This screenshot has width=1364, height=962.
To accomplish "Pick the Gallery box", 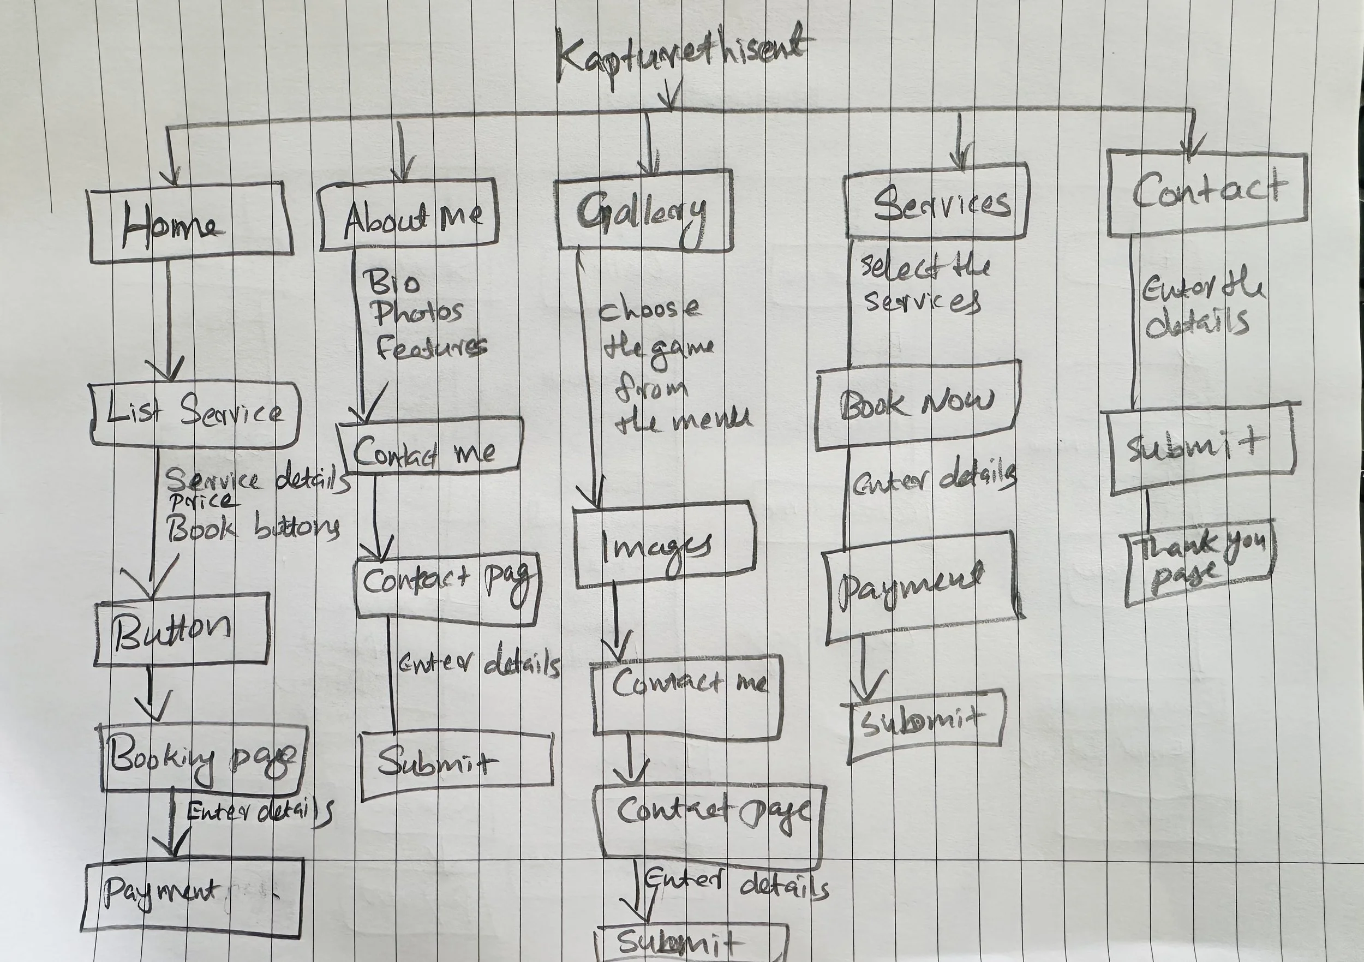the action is [x=644, y=210].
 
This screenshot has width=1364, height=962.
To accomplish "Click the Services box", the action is [x=937, y=202].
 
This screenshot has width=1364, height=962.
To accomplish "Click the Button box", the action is [x=181, y=629].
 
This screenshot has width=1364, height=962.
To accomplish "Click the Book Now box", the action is [x=918, y=404].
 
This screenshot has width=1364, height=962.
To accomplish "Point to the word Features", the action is [x=432, y=347].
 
